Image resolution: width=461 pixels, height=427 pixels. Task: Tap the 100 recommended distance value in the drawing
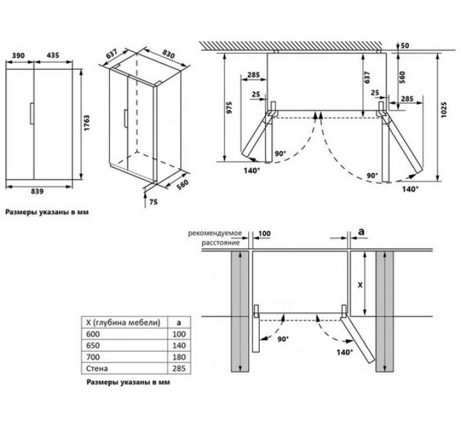(264, 234)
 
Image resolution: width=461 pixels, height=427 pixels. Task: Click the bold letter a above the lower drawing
(361, 232)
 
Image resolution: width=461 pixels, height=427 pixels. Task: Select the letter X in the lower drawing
(359, 285)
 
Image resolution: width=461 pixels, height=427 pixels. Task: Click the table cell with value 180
(178, 356)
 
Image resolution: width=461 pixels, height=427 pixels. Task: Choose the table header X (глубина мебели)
(119, 321)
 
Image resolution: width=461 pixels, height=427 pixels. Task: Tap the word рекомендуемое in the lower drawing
(216, 232)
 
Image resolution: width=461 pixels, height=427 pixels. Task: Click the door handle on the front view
(33, 113)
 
